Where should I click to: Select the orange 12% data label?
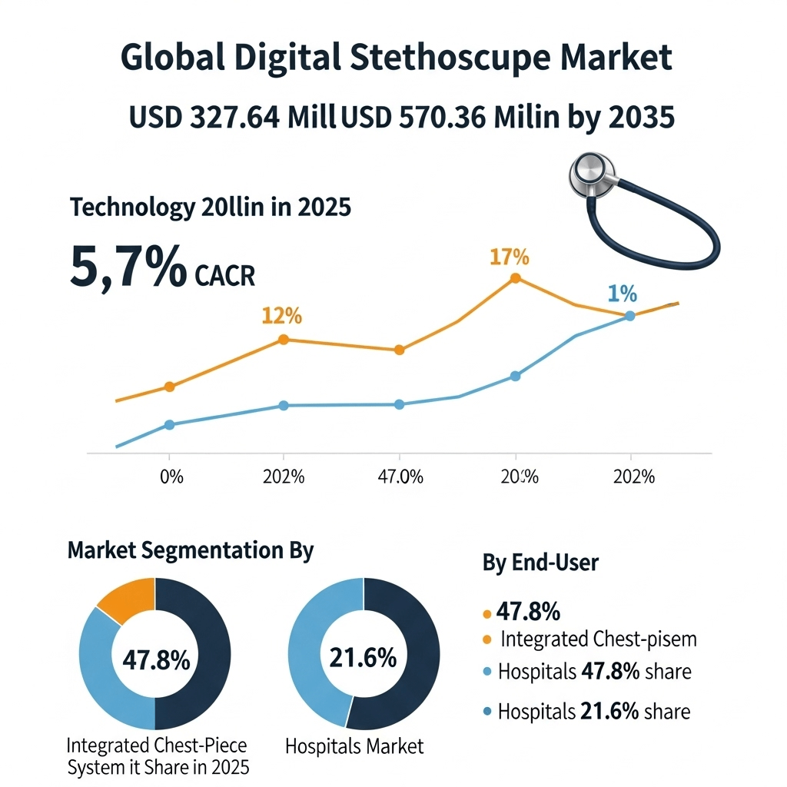(x=281, y=316)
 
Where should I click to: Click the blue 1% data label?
(x=622, y=293)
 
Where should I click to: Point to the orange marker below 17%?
(x=515, y=278)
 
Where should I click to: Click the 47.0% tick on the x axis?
(x=401, y=477)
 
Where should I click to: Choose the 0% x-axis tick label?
(x=171, y=477)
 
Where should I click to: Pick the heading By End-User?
(x=540, y=563)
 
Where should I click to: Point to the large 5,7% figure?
(x=128, y=267)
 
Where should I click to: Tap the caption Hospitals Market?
(x=354, y=745)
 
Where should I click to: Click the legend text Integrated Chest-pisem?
(x=598, y=639)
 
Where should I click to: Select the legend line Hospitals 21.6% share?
(x=593, y=711)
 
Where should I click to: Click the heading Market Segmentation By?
(x=191, y=550)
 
